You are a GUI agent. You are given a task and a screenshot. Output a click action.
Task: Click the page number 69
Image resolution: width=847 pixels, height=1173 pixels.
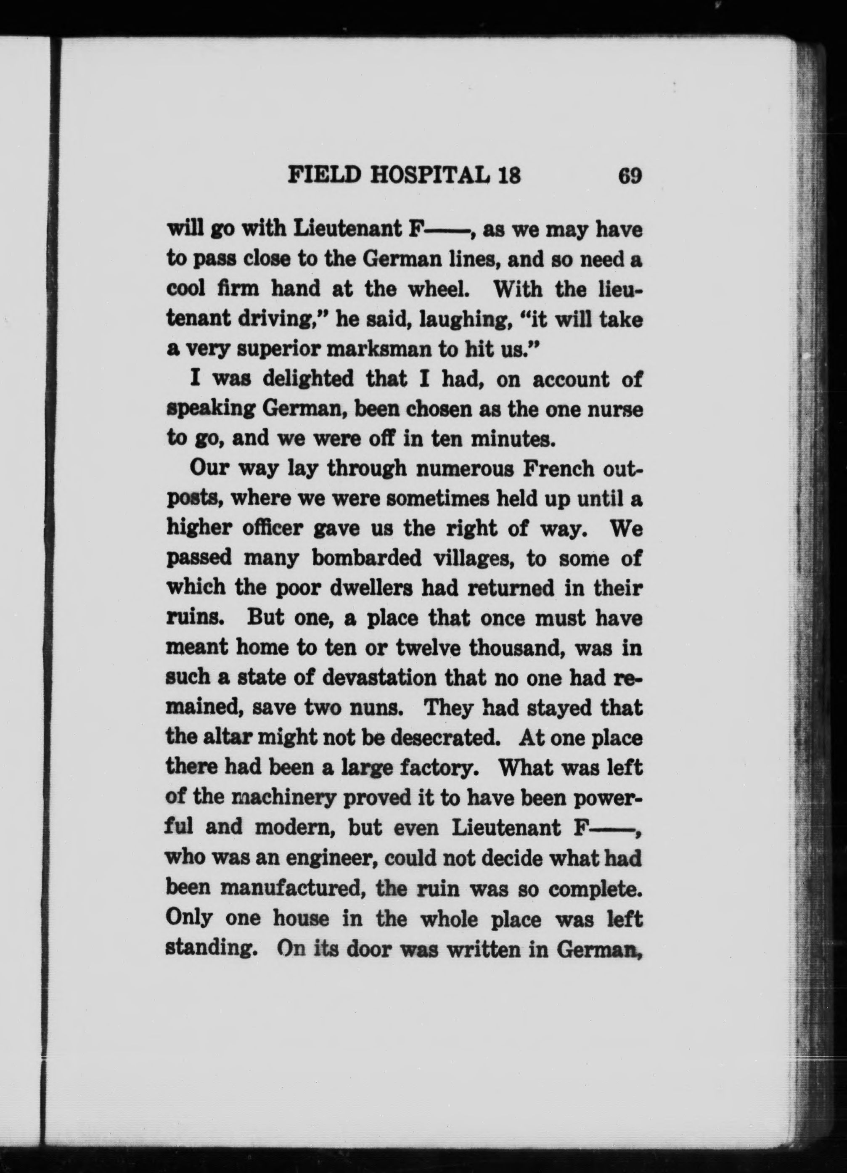click(629, 176)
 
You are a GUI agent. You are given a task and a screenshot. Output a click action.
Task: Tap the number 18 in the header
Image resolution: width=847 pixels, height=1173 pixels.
click(507, 176)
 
